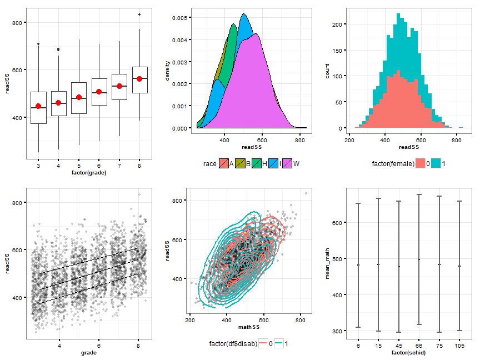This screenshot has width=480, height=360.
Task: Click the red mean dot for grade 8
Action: click(x=139, y=79)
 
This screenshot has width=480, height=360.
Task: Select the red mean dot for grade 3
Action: click(x=38, y=106)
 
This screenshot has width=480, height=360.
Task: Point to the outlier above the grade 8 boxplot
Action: click(x=139, y=14)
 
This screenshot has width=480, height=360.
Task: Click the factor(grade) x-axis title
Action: click(x=89, y=173)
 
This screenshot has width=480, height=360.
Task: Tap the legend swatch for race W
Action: click(x=287, y=163)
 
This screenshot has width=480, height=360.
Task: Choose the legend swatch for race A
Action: click(x=224, y=163)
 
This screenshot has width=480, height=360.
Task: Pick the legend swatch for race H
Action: click(x=257, y=163)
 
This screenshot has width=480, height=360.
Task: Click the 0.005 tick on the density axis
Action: click(x=179, y=18)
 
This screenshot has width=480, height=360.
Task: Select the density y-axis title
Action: click(x=167, y=71)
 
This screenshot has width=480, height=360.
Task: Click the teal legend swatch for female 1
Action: click(x=436, y=163)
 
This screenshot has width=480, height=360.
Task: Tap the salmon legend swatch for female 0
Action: click(x=421, y=163)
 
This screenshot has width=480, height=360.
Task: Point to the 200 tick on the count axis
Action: click(x=337, y=24)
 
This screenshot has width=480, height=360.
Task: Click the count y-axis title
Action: click(x=327, y=71)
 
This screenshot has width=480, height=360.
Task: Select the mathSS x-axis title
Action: click(x=249, y=327)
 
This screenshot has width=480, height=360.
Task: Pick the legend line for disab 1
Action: click(x=278, y=343)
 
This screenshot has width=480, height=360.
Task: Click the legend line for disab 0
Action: click(x=263, y=343)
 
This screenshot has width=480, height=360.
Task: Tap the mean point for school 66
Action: click(x=419, y=259)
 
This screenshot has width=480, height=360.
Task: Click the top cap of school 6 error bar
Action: click(x=358, y=203)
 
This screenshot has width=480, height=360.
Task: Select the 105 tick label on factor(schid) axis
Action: click(x=459, y=346)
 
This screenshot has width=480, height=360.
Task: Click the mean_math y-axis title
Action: click(x=327, y=263)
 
